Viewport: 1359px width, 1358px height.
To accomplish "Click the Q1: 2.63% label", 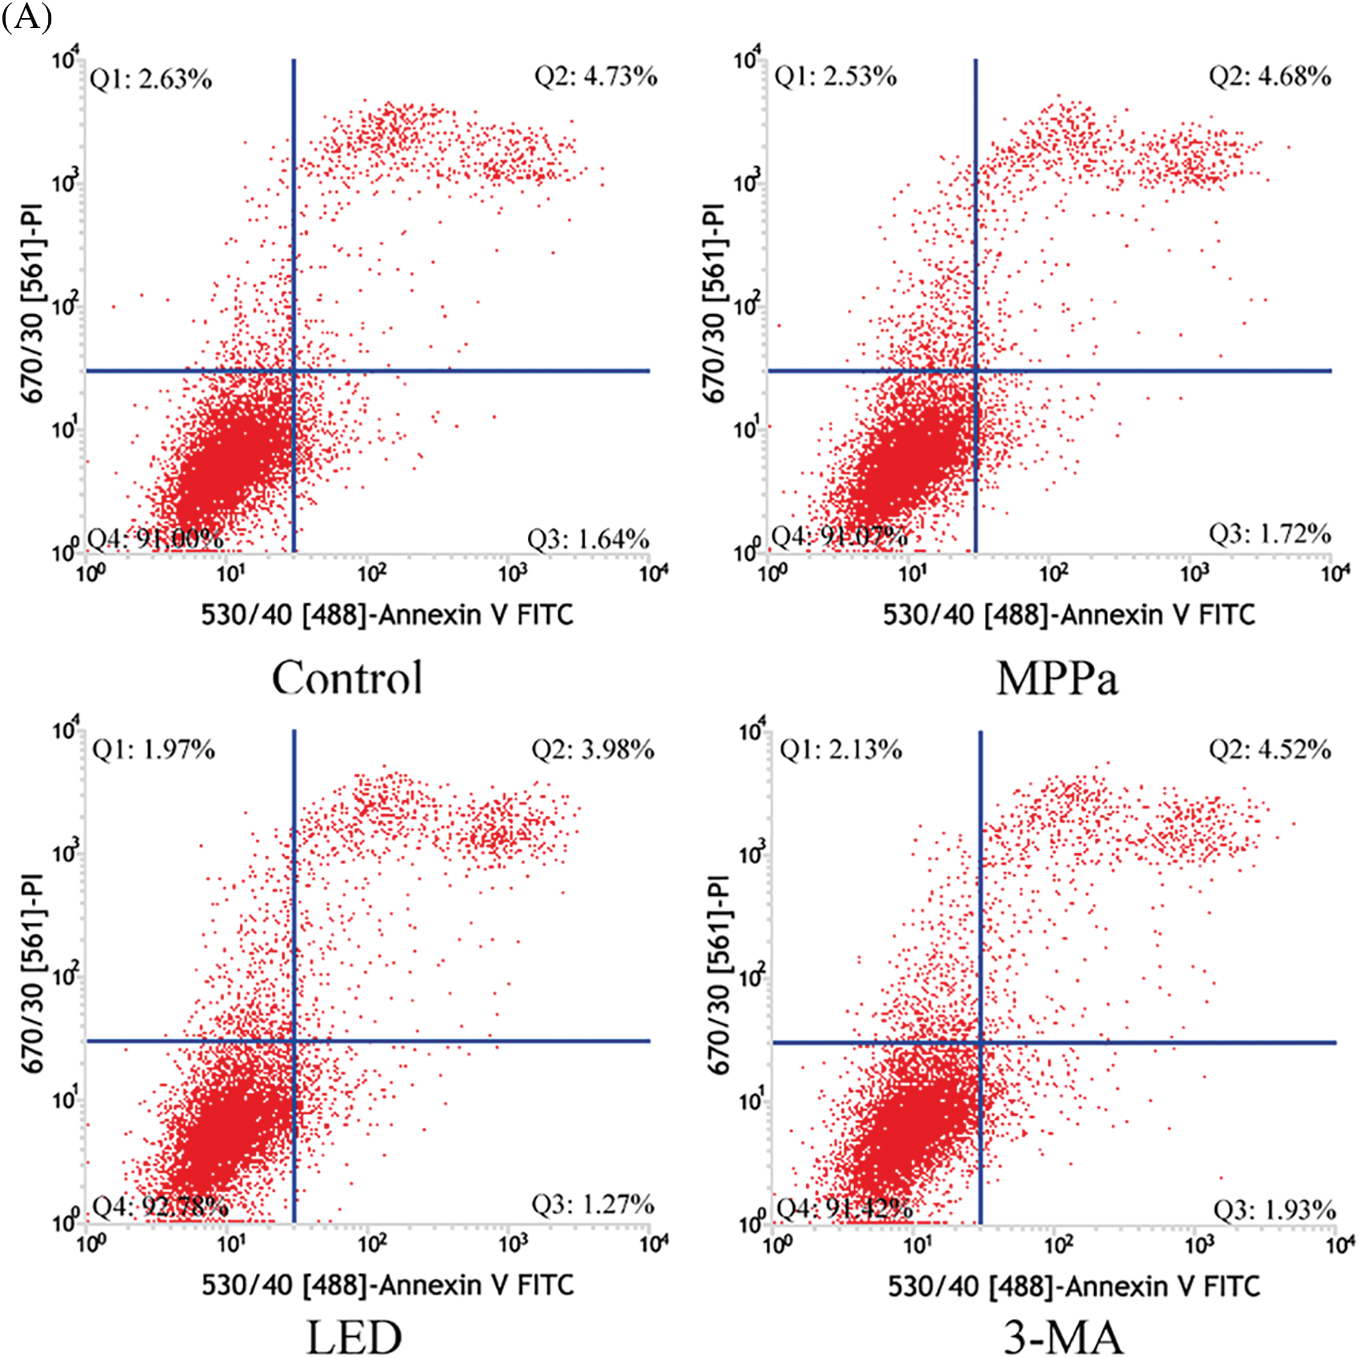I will tap(151, 79).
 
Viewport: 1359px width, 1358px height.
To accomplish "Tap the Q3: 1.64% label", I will tap(588, 540).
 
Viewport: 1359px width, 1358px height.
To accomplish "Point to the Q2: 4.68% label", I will tap(1270, 76).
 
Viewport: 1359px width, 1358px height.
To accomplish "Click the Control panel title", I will tap(348, 677).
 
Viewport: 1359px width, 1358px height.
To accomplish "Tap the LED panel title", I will tap(354, 1336).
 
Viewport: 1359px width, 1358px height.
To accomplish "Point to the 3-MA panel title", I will tap(1062, 1336).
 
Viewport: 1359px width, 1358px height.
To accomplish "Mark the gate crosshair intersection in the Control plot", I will tap(293, 370).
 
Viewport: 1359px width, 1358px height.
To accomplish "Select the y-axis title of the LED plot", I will tap(33, 973).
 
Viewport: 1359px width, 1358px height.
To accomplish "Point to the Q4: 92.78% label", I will tap(160, 1207).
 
